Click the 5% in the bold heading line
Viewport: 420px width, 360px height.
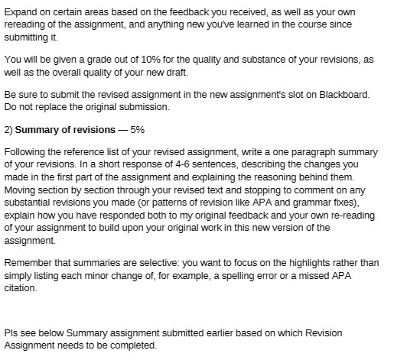coord(137,129)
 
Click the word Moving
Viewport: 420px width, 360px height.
coord(21,190)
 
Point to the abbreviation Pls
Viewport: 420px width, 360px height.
coord(12,333)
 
